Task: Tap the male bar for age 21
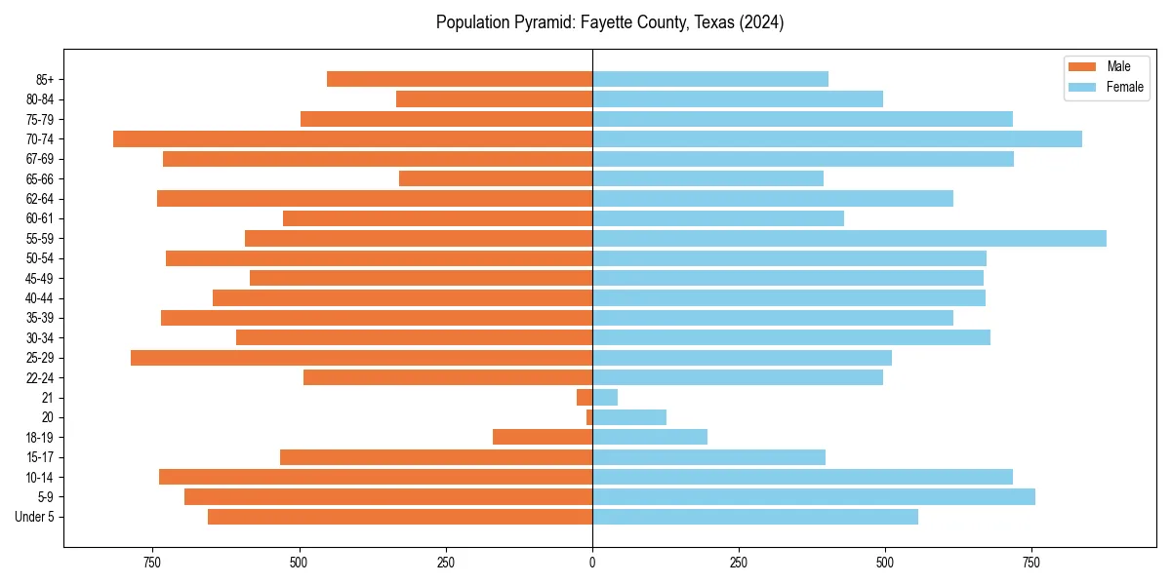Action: tap(585, 397)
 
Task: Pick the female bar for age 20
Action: tap(629, 417)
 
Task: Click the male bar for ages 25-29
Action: tap(362, 358)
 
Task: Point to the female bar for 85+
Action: tap(710, 79)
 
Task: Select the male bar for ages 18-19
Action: tap(543, 437)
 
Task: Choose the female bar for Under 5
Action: tap(755, 517)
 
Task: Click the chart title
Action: tap(610, 22)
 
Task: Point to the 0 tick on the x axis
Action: tap(592, 563)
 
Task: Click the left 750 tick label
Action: tap(152, 563)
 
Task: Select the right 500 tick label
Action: tap(884, 563)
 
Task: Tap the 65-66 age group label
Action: tap(40, 178)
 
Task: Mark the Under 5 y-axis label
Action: tap(34, 517)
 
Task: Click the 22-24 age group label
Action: tap(40, 377)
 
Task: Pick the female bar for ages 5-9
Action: tap(814, 496)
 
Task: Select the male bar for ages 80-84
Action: tap(494, 98)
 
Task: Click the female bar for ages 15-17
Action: tap(708, 457)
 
